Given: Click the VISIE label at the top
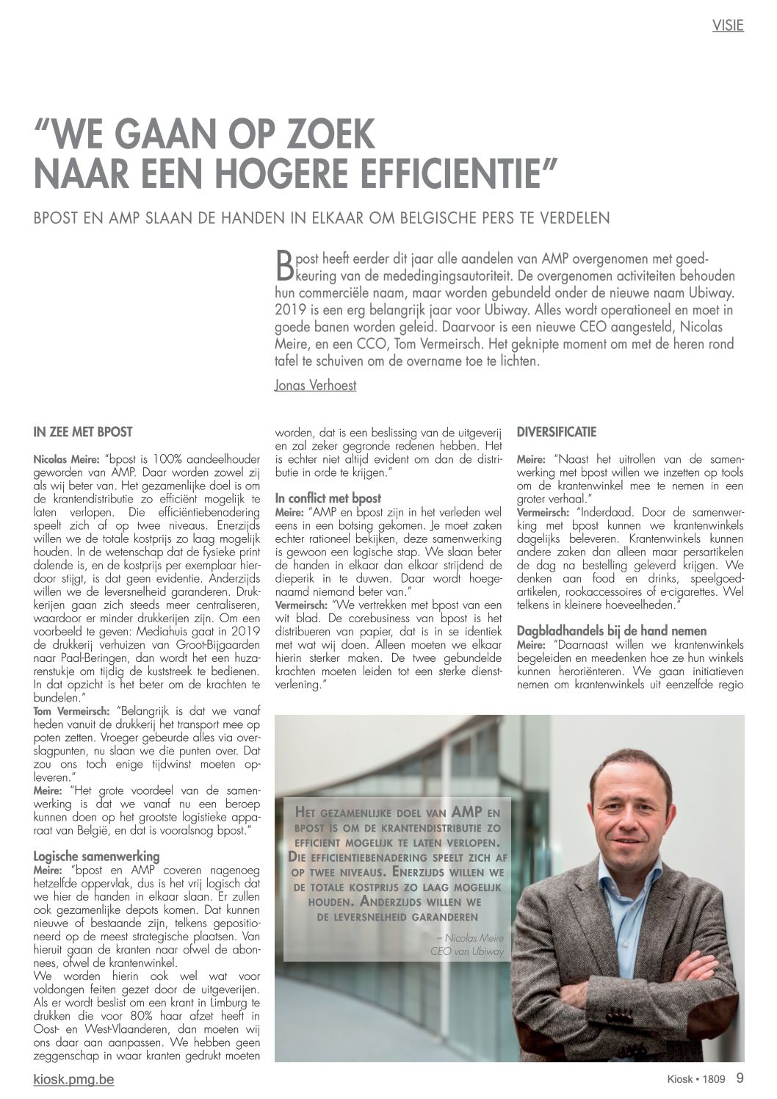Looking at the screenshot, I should click(728, 25).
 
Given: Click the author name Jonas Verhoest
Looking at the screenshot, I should click(315, 385).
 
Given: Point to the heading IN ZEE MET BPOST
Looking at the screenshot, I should click(83, 432).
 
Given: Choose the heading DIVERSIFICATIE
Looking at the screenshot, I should click(557, 432).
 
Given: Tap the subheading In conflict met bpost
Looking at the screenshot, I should click(328, 498).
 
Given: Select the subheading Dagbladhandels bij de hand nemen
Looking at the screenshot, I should click(612, 630).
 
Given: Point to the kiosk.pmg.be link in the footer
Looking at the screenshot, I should click(73, 1079).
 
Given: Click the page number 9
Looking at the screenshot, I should click(740, 1078).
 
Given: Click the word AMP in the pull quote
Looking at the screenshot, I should click(468, 812).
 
